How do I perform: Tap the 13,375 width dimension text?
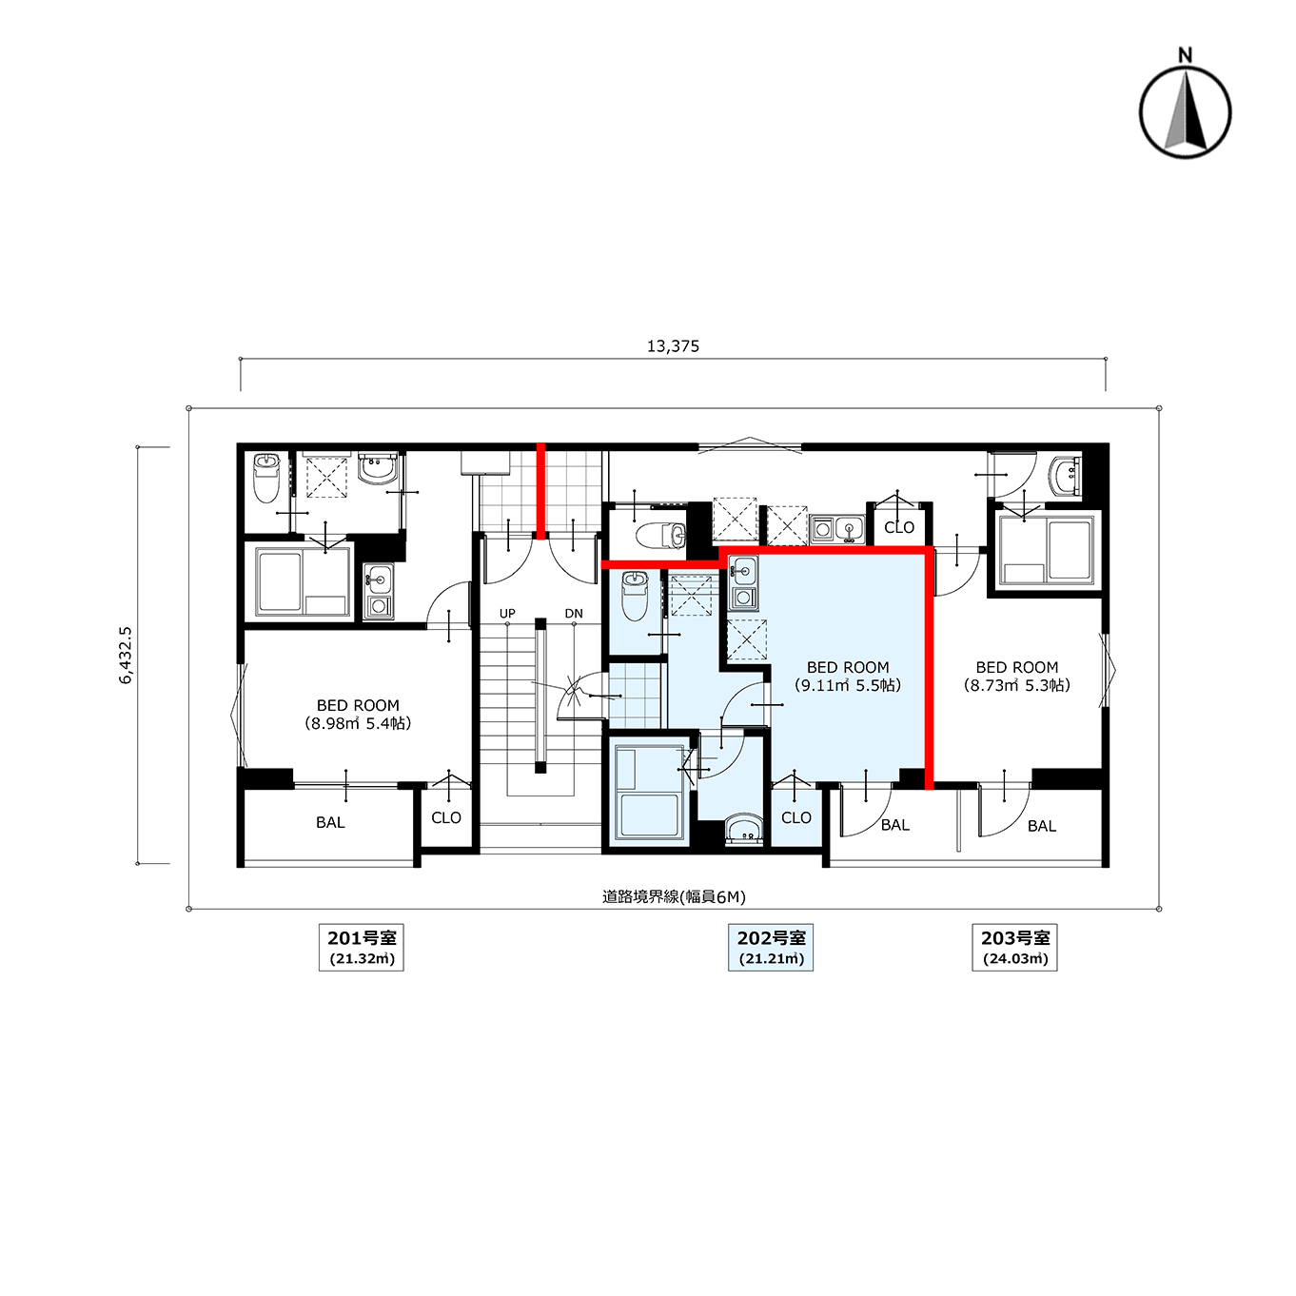(673, 346)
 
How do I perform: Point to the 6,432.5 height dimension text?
(126, 655)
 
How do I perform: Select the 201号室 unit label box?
(362, 948)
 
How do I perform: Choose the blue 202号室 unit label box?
(771, 948)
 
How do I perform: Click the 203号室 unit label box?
(1014, 948)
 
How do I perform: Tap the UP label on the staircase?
(507, 614)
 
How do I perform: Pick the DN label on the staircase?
(574, 614)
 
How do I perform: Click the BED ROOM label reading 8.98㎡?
(358, 715)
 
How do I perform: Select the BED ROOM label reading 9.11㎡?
(848, 677)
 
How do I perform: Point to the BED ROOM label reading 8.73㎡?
(1017, 677)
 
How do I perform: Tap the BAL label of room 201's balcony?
(330, 822)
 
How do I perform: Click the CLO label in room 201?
(446, 817)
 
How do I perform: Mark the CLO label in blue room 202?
(796, 817)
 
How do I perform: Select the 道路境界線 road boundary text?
(674, 896)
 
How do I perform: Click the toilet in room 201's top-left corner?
(266, 478)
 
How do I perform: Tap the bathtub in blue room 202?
(648, 794)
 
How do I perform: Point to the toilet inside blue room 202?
(634, 596)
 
